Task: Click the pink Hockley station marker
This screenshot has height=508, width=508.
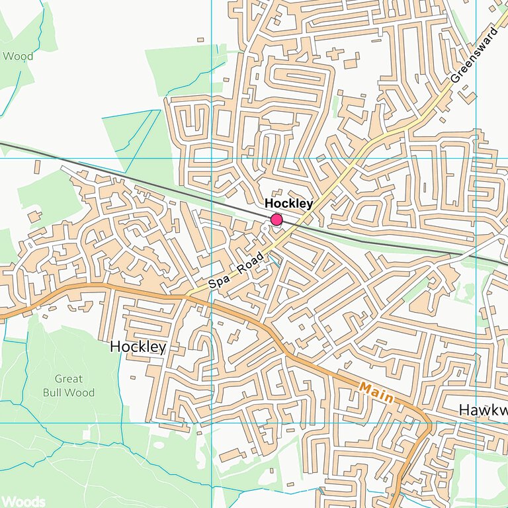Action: click(276, 220)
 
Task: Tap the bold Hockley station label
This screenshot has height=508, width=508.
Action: click(288, 204)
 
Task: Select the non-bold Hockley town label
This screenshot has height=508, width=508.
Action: click(138, 347)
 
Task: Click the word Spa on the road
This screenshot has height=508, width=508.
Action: click(219, 280)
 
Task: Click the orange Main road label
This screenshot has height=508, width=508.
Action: click(376, 392)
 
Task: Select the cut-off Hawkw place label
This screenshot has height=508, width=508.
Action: click(482, 410)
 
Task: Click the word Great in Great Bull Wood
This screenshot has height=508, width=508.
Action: click(69, 379)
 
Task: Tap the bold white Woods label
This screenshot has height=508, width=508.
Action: click(22, 501)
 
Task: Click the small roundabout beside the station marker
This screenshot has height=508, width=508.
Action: click(265, 228)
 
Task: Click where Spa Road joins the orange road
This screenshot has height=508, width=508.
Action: click(187, 295)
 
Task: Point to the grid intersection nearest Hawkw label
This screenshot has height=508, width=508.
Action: click(476, 423)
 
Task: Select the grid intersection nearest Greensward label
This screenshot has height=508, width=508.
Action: click(476, 158)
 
